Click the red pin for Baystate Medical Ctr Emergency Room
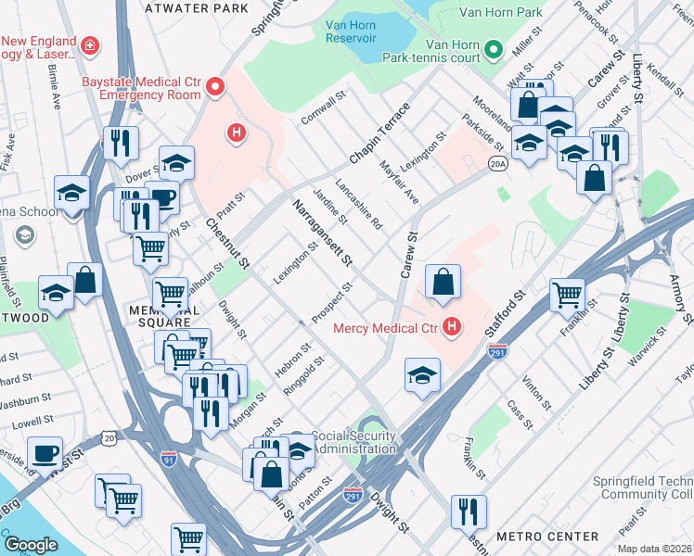[216, 88]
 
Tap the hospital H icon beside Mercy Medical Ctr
[452, 327]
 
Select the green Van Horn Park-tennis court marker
[494, 49]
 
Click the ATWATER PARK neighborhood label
[198, 8]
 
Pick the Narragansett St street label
[323, 234]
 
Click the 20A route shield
[497, 164]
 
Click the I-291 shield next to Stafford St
[497, 352]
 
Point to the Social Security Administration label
[354, 442]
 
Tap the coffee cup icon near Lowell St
[45, 453]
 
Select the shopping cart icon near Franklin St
[567, 295]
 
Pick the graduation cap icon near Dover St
[176, 163]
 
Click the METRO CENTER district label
[546, 537]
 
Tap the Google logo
[31, 546]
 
